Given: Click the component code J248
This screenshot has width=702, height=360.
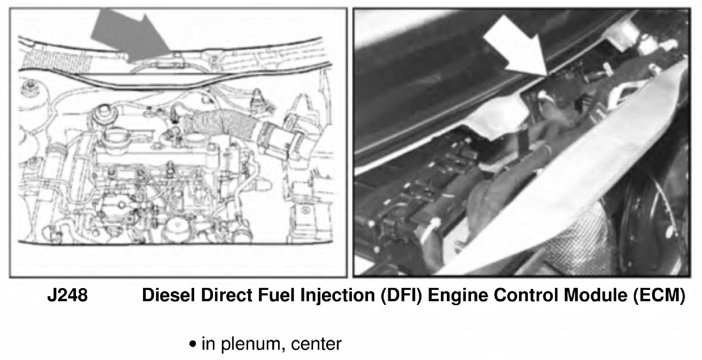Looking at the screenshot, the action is (x=68, y=296).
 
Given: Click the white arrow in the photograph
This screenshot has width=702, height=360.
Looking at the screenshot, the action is (x=518, y=49).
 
